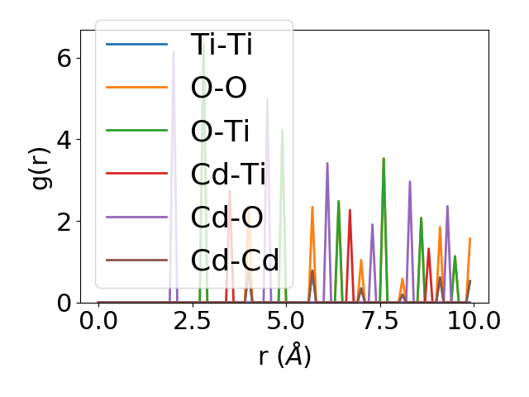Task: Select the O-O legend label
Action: point(218,87)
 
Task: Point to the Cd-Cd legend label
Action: point(235,260)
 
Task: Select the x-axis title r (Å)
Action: point(284,356)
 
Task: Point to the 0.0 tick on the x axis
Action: point(98,320)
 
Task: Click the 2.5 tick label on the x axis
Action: point(192,320)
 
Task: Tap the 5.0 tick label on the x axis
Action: point(286,320)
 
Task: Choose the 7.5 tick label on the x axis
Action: point(379,320)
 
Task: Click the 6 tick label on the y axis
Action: point(64,58)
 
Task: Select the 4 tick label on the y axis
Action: point(64,139)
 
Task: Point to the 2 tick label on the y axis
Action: point(64,221)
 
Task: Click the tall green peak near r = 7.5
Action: point(384,159)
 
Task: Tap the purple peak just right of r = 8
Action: point(410,182)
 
